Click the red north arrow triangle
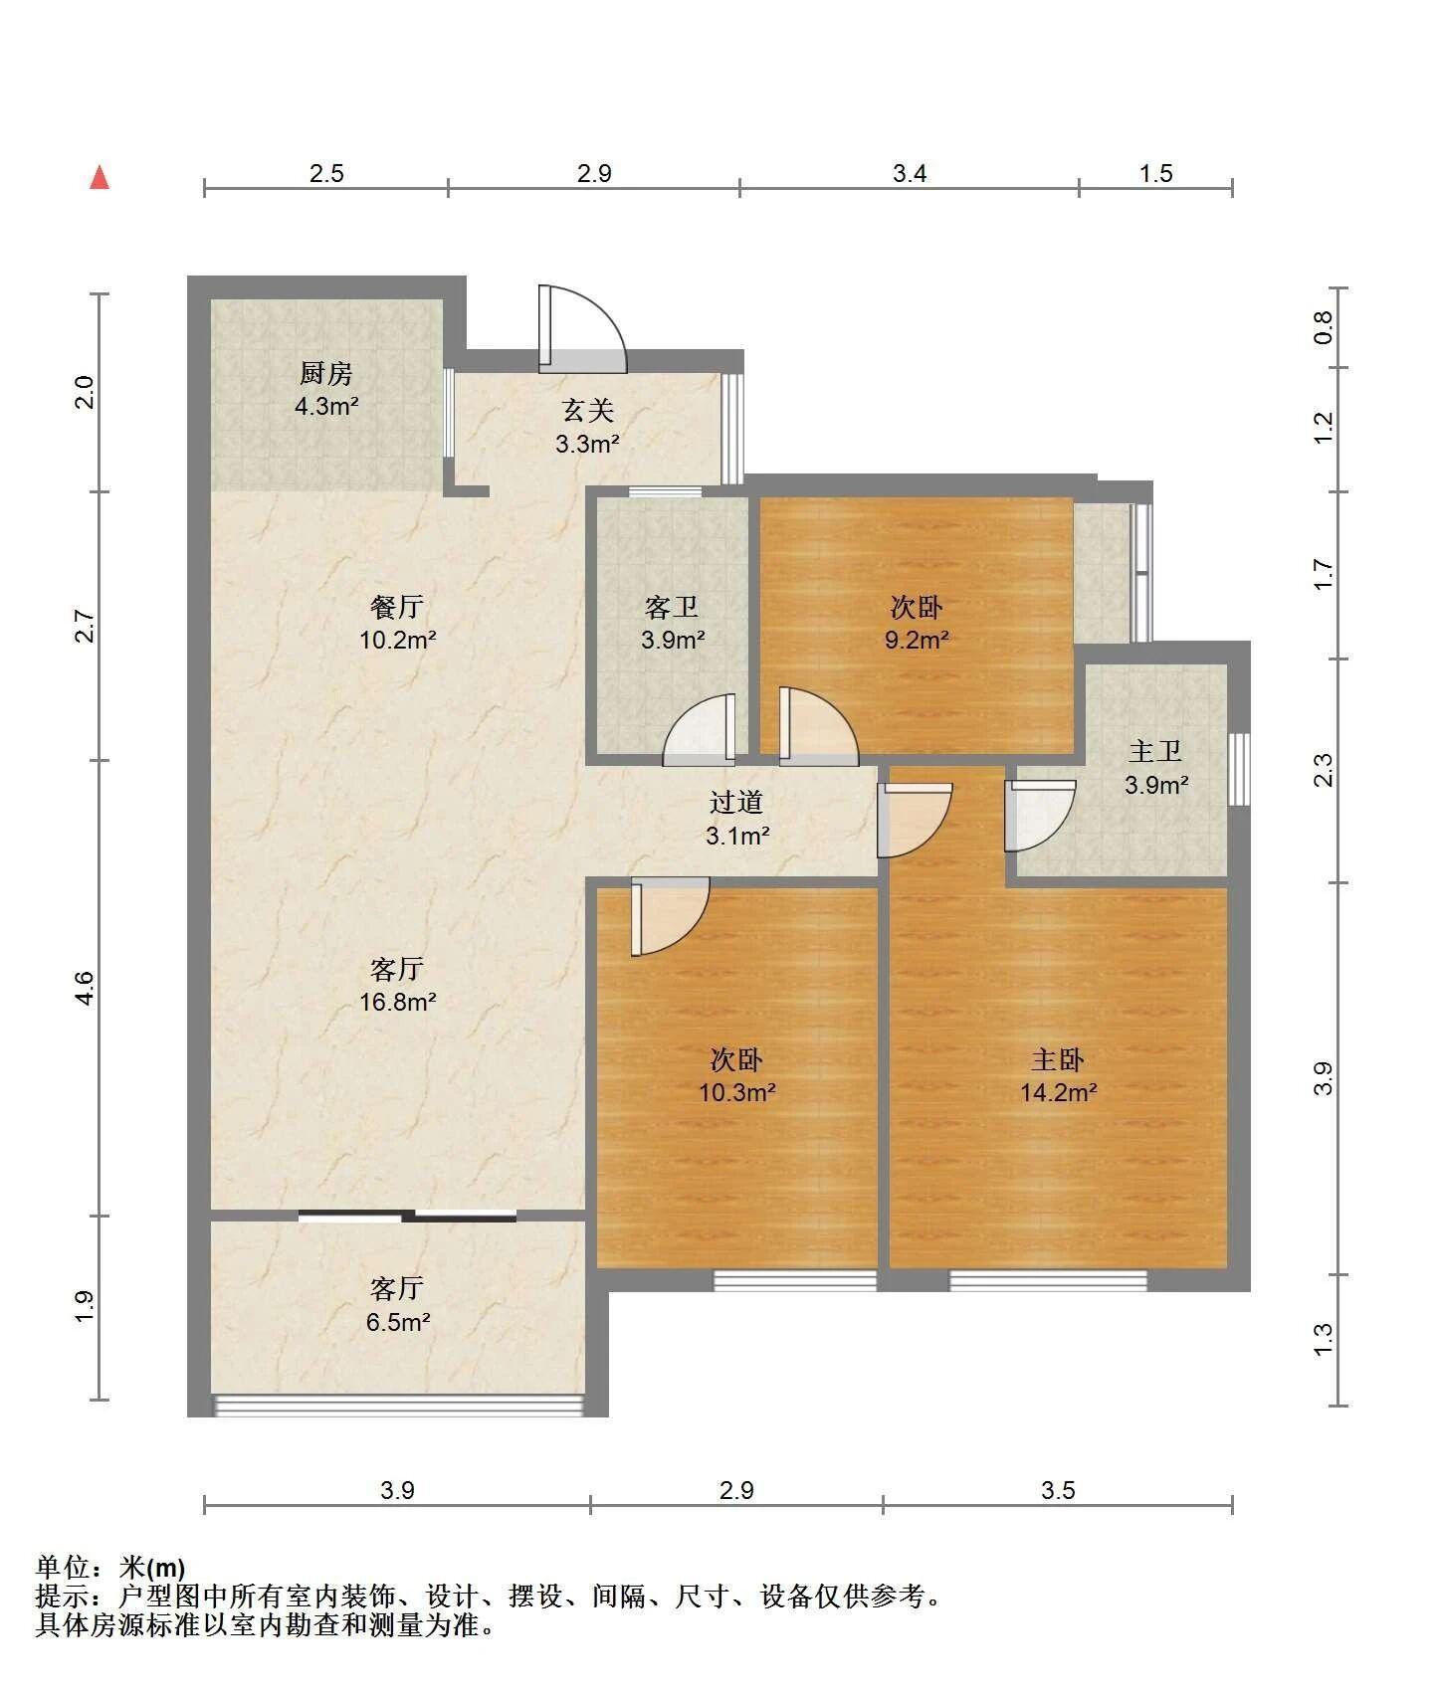point(100,177)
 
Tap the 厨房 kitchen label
point(326,374)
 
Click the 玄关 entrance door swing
point(582,329)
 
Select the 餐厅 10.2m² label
point(397,623)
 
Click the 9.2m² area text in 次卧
point(917,640)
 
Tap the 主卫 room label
point(1155,751)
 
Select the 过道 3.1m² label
point(737,819)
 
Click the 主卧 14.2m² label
point(1058,1076)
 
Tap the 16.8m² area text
point(397,1002)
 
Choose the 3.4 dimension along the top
point(910,174)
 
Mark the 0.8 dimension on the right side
point(1323,327)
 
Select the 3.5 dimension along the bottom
point(1058,1489)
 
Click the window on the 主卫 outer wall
point(1239,769)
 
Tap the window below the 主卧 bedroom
point(1048,1280)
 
